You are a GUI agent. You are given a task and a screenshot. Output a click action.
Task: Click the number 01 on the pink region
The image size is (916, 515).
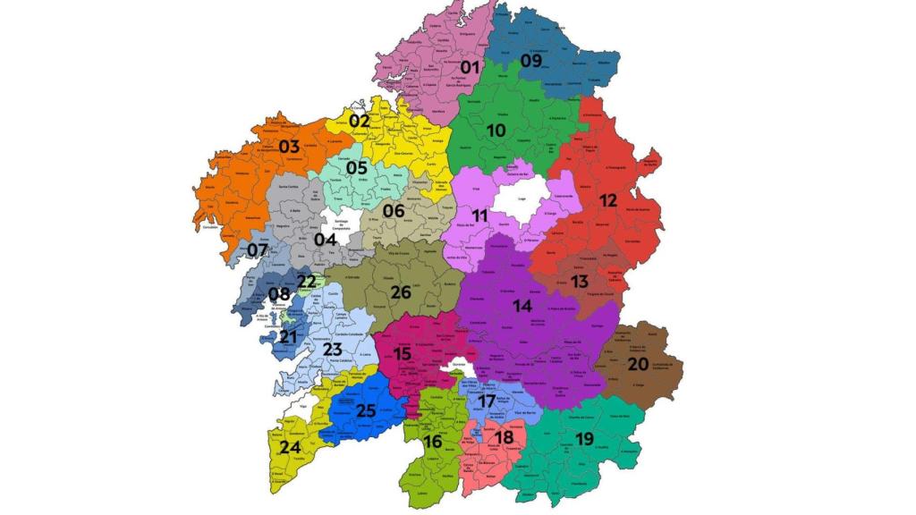tap(471, 67)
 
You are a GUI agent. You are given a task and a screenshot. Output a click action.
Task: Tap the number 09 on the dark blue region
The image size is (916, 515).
tap(531, 61)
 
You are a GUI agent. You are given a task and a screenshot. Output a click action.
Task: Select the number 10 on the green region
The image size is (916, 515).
tap(496, 131)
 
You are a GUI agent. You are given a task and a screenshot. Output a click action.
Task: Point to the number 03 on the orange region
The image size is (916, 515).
tap(289, 147)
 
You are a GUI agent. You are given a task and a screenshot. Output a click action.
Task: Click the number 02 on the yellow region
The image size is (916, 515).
tap(360, 121)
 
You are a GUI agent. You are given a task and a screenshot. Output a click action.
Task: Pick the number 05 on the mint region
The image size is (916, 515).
tap(357, 168)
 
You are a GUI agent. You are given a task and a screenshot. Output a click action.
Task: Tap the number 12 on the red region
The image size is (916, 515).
tap(608, 201)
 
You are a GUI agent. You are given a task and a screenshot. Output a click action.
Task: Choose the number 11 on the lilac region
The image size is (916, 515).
tap(480, 216)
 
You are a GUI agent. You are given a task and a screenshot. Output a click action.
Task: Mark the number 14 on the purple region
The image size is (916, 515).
tap(522, 306)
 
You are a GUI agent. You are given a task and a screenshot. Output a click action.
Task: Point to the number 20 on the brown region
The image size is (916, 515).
tap(638, 365)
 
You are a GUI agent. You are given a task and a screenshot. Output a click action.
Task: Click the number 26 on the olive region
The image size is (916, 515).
tap(400, 292)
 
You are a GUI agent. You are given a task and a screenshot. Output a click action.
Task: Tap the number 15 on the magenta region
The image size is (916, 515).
tap(402, 355)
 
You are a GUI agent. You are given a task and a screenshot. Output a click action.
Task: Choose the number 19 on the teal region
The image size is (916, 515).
tap(585, 439)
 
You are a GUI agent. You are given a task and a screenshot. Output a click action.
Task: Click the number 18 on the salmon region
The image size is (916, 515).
tap(505, 437)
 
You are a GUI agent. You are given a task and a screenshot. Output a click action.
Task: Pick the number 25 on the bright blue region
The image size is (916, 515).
tap(365, 411)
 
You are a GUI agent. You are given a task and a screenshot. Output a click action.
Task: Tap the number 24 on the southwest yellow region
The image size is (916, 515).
tap(290, 447)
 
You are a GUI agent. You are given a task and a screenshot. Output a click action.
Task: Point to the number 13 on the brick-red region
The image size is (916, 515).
tap(580, 282)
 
